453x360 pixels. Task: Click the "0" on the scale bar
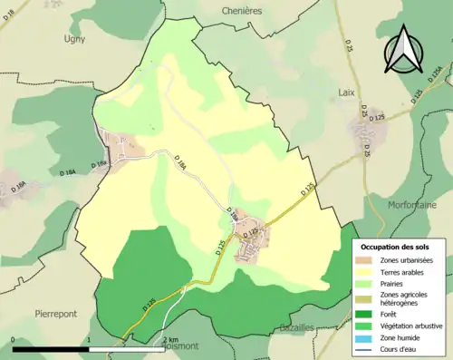14,339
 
